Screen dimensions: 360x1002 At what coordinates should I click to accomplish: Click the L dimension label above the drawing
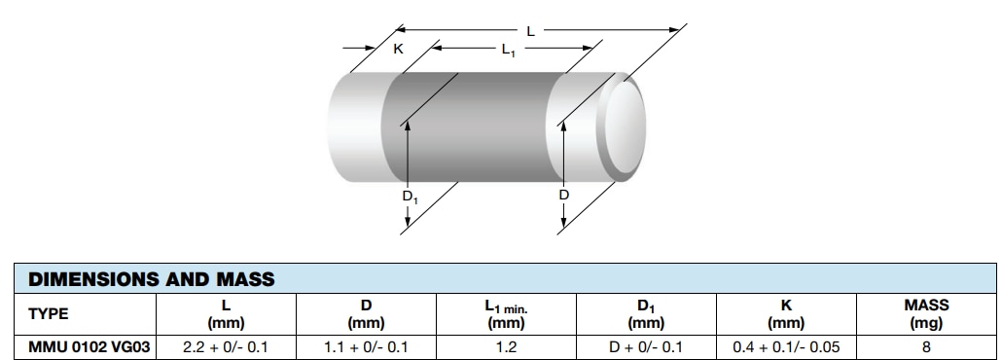(530, 32)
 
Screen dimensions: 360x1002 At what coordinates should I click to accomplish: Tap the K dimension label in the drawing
(398, 49)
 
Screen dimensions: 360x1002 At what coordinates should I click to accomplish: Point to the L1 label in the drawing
(508, 51)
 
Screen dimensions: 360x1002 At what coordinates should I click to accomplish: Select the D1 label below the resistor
(410, 197)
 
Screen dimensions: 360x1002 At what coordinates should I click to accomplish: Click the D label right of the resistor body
(564, 196)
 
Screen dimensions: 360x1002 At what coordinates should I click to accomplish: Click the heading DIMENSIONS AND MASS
(151, 280)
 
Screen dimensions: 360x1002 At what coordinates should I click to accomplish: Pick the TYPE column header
(49, 313)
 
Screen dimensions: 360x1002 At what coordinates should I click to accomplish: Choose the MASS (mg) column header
(925, 313)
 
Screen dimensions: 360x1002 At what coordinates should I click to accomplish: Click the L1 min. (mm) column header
(506, 313)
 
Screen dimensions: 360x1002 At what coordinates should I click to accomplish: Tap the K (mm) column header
(786, 313)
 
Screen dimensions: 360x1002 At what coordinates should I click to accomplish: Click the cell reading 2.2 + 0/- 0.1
(226, 345)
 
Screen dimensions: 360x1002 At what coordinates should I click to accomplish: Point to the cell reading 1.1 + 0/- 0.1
(366, 345)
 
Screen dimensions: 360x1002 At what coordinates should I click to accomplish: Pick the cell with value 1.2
(506, 345)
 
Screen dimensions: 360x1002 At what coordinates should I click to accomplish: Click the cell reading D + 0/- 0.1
(646, 345)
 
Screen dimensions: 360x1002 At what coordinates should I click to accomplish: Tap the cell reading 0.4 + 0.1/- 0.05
(786, 345)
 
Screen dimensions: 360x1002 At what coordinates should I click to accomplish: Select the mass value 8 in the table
(925, 345)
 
